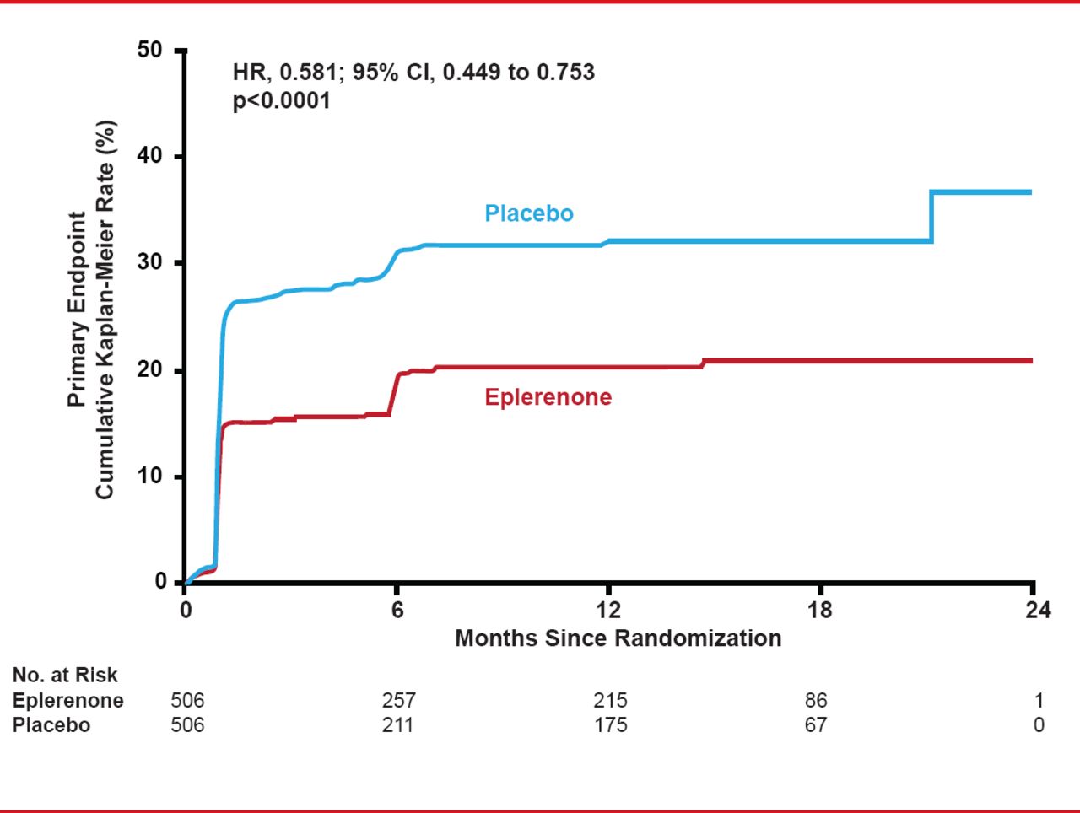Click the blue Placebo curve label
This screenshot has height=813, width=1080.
point(528,213)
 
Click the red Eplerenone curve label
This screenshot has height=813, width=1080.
point(548,397)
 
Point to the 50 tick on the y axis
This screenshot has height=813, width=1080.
point(149,51)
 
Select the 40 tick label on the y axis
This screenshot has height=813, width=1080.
point(149,157)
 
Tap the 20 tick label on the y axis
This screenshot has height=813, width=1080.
point(149,370)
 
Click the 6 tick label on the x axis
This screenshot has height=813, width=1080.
point(397,610)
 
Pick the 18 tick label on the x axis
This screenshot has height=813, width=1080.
point(819,610)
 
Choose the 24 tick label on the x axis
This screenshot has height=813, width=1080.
point(1038,610)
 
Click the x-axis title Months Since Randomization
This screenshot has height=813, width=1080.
point(618,638)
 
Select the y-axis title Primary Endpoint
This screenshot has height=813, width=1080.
point(77,309)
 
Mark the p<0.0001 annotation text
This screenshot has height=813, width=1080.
point(282,101)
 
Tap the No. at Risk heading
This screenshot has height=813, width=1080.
point(65,675)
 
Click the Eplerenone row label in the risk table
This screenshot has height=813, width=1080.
point(67,700)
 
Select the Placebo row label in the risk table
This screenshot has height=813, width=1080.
point(51,725)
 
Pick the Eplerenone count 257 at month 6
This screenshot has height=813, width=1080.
point(398,700)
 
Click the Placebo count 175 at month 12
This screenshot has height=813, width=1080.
point(610,725)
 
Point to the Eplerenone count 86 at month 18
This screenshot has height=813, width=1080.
point(816,700)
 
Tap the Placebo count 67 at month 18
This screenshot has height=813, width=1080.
point(816,725)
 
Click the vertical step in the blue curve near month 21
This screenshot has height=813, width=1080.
point(931,217)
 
